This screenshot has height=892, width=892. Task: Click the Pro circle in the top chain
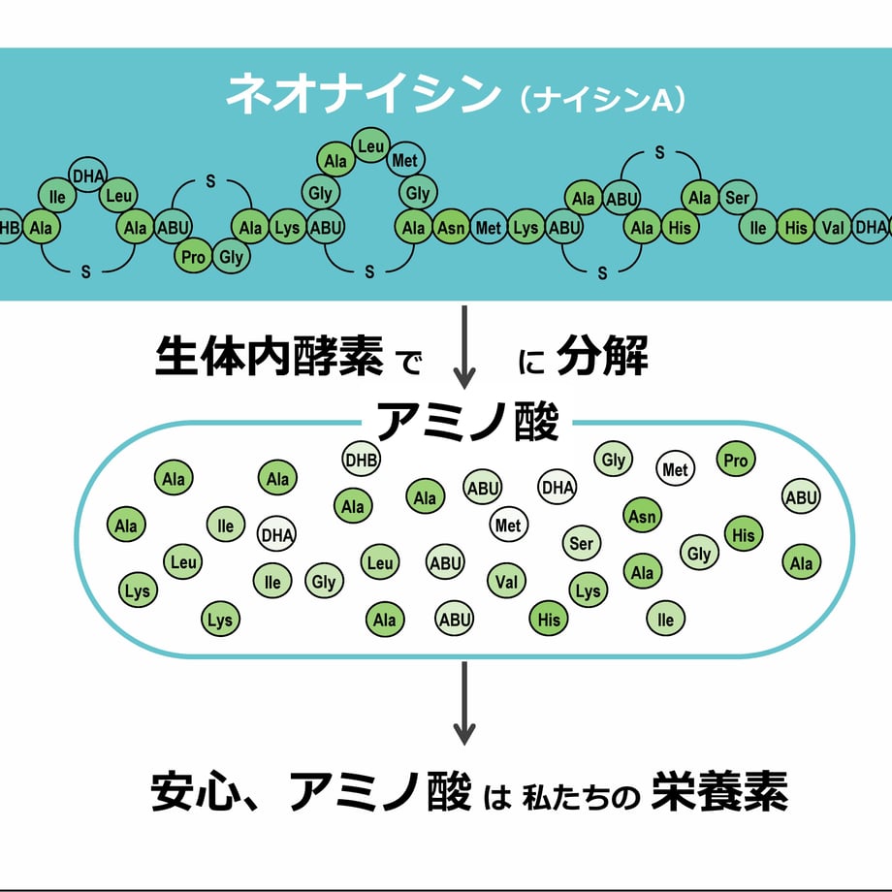point(194,257)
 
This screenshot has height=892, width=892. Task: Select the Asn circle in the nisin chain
point(451,228)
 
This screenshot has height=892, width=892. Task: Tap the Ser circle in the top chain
point(738,199)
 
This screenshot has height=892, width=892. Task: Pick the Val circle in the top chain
point(833,228)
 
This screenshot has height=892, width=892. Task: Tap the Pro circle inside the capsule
point(736,461)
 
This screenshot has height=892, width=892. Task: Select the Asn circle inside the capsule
point(642,516)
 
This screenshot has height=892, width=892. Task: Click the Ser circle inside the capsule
point(582,544)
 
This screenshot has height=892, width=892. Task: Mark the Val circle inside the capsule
point(505,582)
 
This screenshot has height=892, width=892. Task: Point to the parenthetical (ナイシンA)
point(602,100)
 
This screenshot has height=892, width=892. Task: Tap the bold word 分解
point(602,359)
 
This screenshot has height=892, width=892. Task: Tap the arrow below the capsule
point(465,703)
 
